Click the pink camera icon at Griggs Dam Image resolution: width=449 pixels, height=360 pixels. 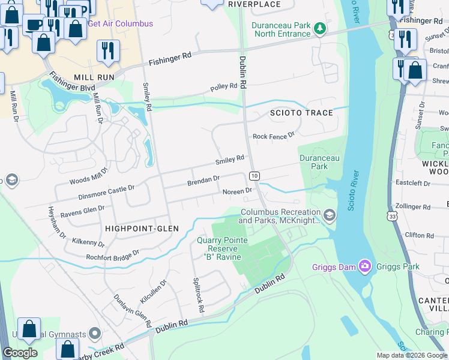364,265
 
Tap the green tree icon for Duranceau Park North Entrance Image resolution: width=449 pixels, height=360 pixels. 321,28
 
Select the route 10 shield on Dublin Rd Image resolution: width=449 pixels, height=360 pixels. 255,175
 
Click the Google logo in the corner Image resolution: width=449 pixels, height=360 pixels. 20,353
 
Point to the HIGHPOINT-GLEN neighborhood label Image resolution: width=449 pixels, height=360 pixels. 142,229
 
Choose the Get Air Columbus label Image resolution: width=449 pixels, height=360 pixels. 120,23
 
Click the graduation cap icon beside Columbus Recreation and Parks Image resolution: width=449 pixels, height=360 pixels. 329,215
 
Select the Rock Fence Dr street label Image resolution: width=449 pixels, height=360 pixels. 274,136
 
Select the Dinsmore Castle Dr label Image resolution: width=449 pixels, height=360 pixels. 106,193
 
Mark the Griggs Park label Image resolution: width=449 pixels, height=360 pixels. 396,265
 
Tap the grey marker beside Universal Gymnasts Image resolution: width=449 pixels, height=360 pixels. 94,333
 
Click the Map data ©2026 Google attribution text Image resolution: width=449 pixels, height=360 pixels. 412,355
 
